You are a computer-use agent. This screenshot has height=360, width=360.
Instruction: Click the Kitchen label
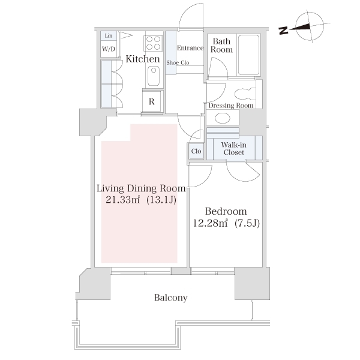coord(143,59)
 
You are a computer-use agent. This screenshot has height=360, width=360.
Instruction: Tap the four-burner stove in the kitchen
coord(153,43)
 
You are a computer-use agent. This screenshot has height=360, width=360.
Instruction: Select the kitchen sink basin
coord(154,76)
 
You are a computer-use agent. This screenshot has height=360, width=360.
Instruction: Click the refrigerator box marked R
coord(152,101)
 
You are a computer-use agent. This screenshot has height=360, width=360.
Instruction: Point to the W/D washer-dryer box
coord(109,49)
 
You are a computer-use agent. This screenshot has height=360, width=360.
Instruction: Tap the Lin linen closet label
coord(109,36)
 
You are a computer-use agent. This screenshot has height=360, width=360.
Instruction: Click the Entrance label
coord(190,48)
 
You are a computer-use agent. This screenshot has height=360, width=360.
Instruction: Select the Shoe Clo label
coord(178,62)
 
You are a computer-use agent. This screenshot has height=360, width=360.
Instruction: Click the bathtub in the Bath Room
coord(248,55)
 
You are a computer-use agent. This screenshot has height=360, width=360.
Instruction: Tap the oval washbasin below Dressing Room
coord(222,118)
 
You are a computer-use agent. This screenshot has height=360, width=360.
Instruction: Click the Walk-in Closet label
coord(234,149)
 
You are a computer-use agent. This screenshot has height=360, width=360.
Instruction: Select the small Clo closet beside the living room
coord(196,151)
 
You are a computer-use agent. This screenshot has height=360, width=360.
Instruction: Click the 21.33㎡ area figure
coord(122,200)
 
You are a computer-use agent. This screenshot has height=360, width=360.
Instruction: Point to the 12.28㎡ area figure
coord(210,223)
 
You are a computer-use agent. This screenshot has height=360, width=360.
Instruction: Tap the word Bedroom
coord(226,211)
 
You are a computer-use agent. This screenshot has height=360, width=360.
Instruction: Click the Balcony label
coord(171,298)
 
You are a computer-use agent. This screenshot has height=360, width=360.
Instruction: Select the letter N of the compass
coord(283,31)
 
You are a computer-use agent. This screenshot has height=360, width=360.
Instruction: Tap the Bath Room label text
coord(221,46)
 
